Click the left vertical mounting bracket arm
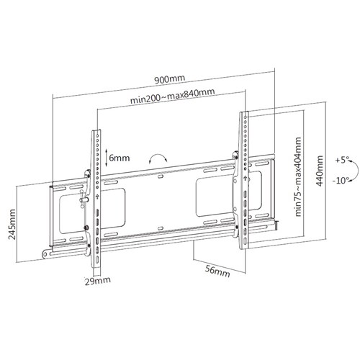point(94,194)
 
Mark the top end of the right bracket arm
point(243,113)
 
